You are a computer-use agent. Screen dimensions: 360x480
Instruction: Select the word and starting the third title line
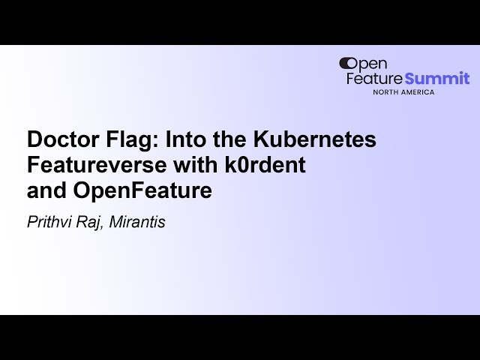[x=46, y=190]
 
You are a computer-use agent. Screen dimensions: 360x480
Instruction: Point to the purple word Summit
[x=437, y=78]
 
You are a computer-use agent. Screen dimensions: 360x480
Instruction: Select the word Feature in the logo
[x=374, y=78]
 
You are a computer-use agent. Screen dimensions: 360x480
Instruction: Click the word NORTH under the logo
[x=388, y=91]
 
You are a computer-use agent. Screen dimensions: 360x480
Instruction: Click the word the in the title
[x=228, y=139]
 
